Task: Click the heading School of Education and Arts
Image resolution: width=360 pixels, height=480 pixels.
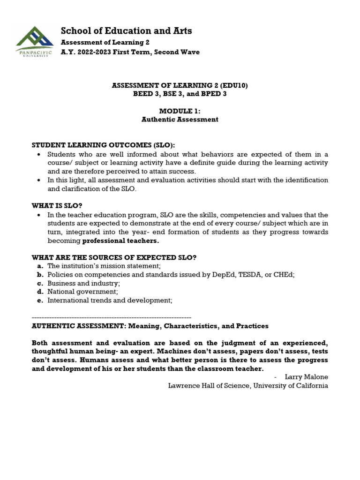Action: tap(126, 31)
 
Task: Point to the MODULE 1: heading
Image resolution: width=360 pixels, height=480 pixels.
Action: tap(180, 111)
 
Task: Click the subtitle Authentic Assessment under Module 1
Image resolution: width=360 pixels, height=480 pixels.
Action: tap(180, 120)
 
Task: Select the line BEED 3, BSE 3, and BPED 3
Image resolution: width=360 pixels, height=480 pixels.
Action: tap(180, 94)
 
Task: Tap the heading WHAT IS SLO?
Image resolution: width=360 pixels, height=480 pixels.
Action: tap(60, 205)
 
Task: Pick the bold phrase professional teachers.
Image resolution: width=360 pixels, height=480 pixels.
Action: tap(120, 241)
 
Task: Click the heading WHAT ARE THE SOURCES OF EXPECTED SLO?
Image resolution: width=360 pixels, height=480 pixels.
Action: tap(113, 257)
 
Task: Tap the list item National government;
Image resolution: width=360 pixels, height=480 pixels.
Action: tap(82, 292)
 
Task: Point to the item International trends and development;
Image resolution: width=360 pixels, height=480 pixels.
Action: tap(110, 300)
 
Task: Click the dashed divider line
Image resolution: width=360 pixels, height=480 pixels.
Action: tap(111, 317)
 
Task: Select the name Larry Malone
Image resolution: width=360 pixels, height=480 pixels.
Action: tap(307, 377)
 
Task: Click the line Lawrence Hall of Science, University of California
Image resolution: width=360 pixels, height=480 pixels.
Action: tap(248, 386)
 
